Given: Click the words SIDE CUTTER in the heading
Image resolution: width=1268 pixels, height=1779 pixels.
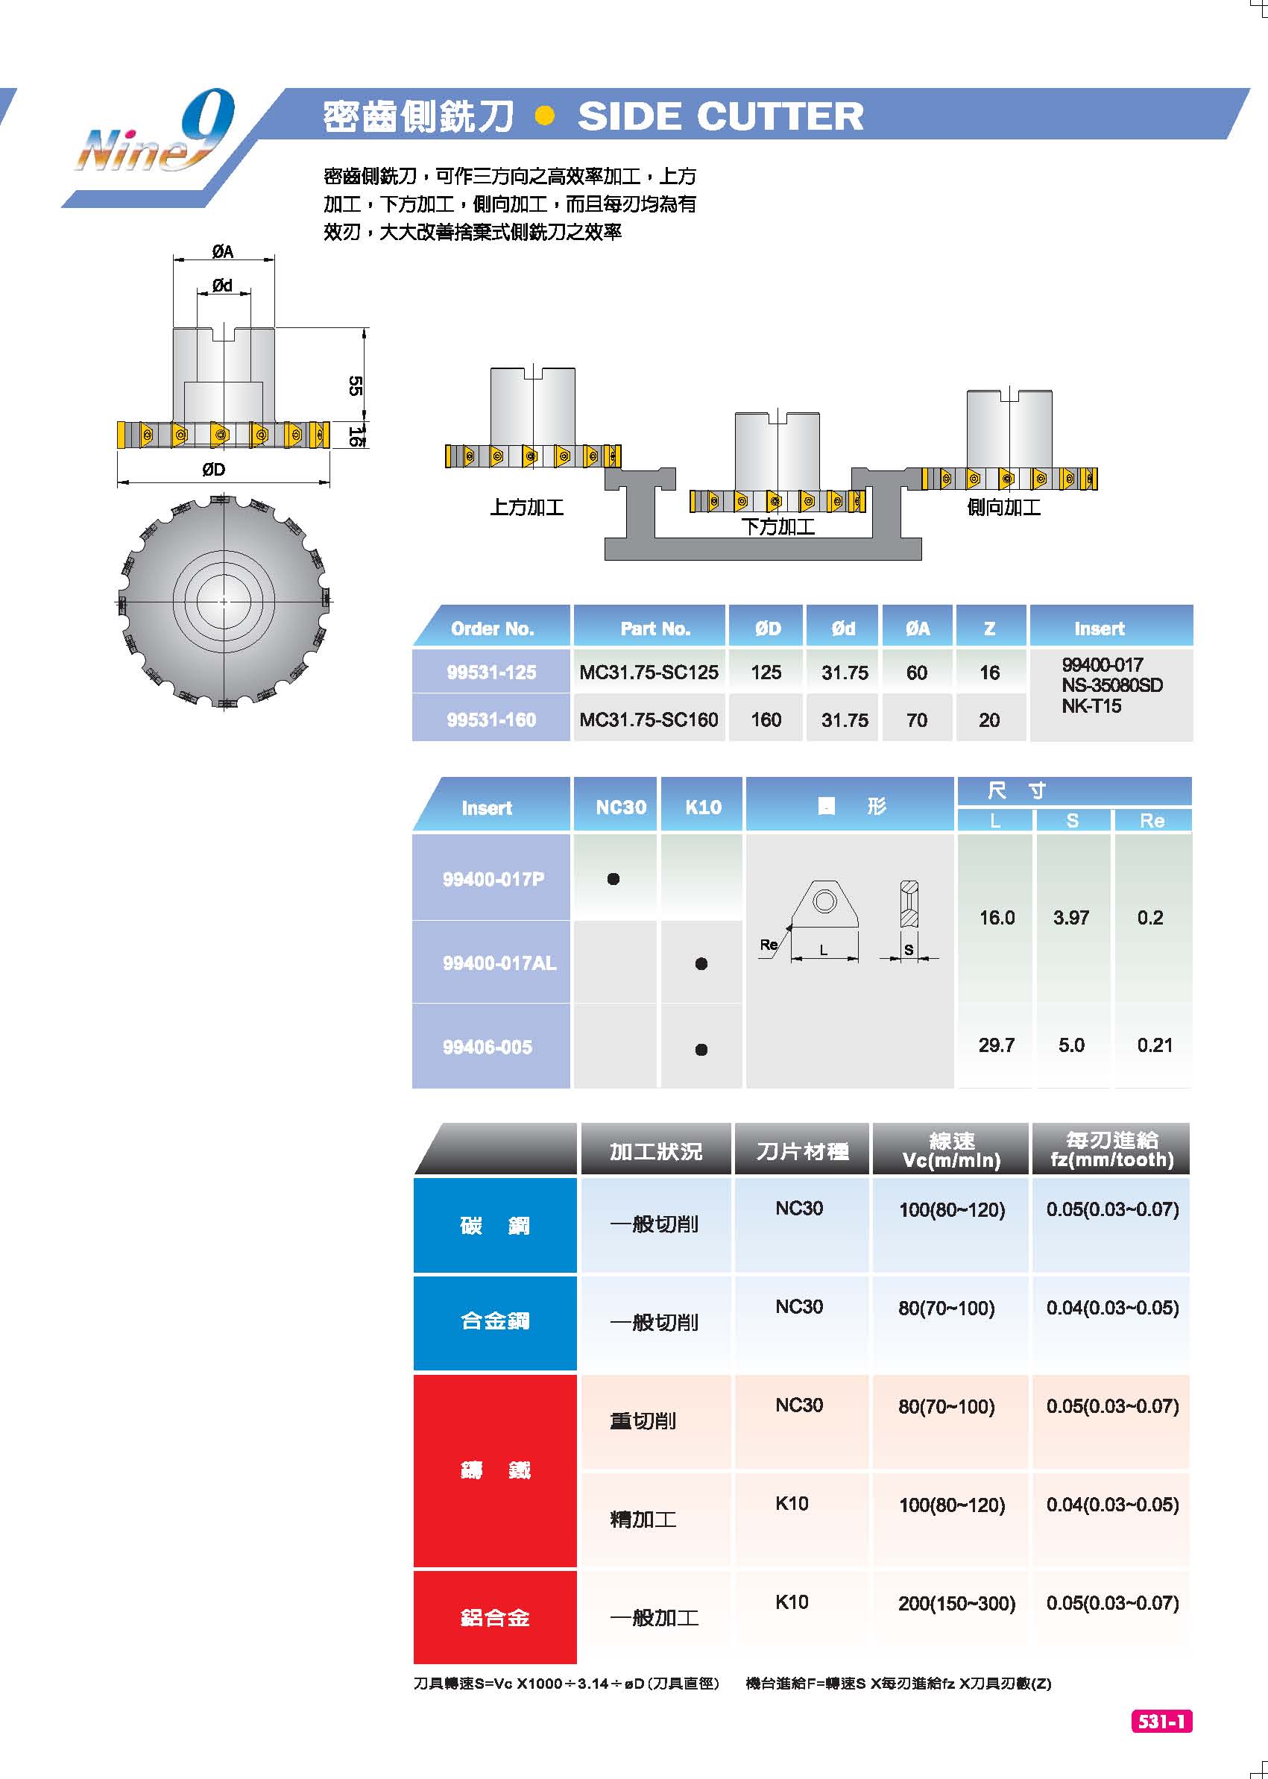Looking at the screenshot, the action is click(721, 116).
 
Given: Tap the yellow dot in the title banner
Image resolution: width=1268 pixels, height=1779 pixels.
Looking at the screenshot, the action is click(545, 116).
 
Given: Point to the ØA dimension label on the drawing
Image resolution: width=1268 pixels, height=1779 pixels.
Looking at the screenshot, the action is click(223, 251).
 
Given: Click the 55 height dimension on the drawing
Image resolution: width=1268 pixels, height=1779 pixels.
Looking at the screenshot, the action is click(355, 385).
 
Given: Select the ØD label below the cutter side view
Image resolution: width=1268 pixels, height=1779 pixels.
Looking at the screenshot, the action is click(213, 469).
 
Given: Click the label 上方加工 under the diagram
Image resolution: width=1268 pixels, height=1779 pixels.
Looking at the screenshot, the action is click(527, 508).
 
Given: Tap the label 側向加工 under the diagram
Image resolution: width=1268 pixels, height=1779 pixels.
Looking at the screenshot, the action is click(1004, 508).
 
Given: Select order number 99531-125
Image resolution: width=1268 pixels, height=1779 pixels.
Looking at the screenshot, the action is click(491, 673).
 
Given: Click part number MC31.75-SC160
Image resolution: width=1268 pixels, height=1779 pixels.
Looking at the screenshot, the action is click(649, 720).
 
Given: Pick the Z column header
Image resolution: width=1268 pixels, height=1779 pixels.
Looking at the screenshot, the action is click(989, 629).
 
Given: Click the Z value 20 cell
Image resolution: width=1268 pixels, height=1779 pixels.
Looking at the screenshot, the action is click(989, 720).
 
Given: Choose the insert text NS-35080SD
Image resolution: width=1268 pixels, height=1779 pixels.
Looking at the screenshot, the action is click(1112, 686).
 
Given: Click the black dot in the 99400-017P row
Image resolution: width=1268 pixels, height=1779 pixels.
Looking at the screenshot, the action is click(614, 879).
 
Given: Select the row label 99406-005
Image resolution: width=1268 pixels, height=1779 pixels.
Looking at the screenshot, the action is click(488, 1048).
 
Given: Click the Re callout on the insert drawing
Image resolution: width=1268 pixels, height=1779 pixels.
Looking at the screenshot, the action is click(769, 945).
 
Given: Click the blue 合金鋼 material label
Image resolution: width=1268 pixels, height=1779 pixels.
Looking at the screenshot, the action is click(495, 1321).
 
